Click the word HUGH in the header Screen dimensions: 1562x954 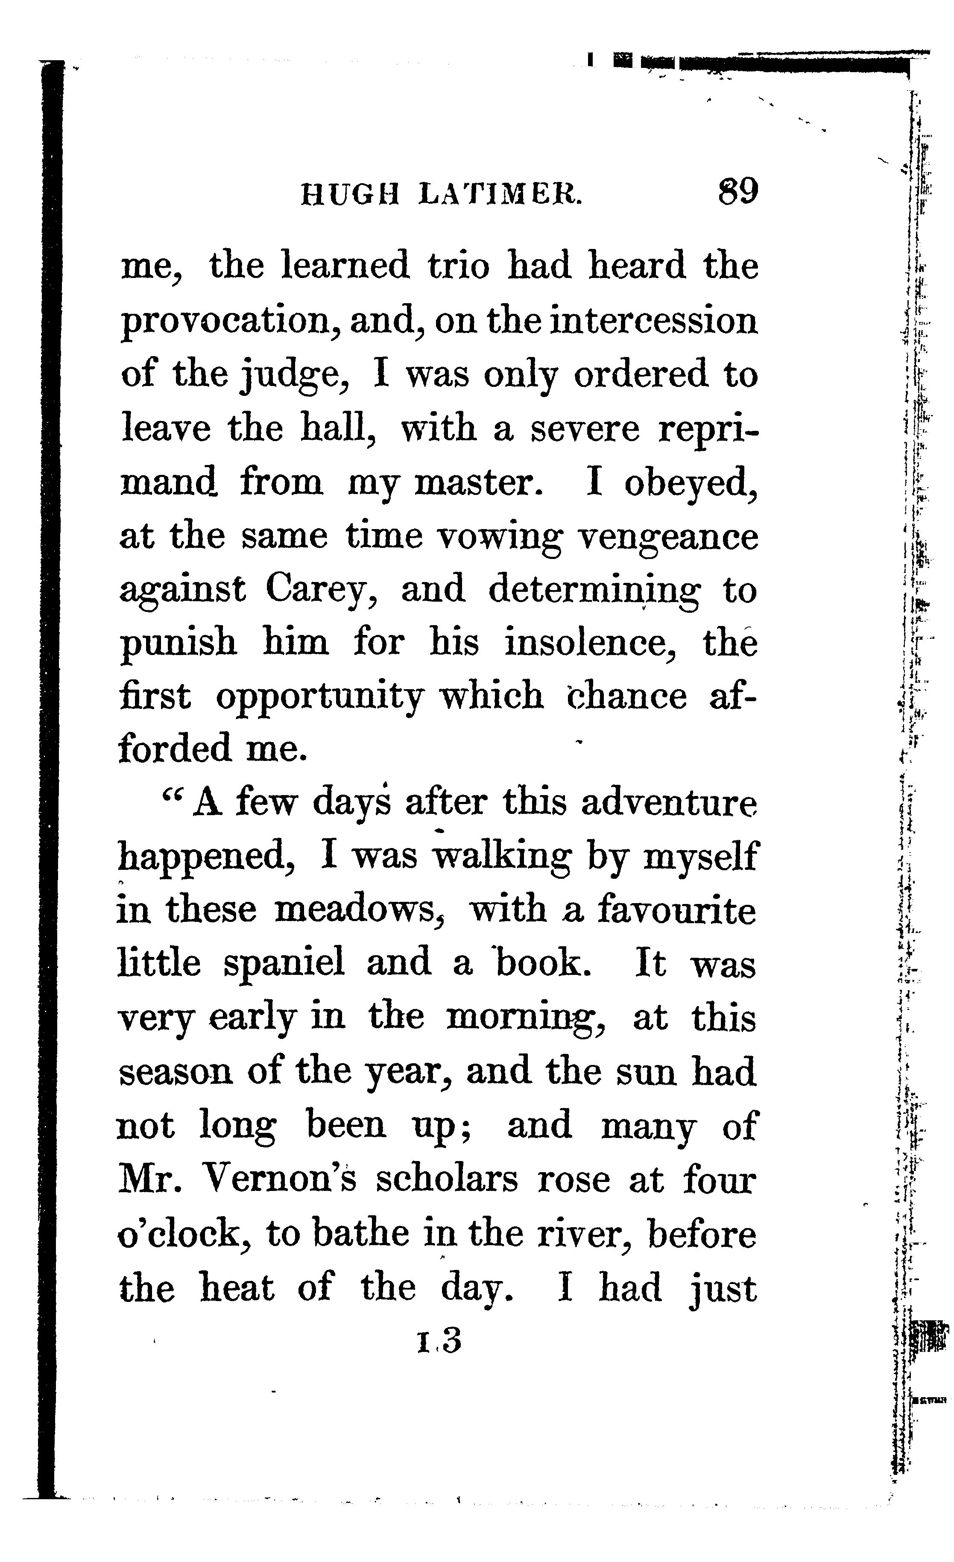point(350,194)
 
